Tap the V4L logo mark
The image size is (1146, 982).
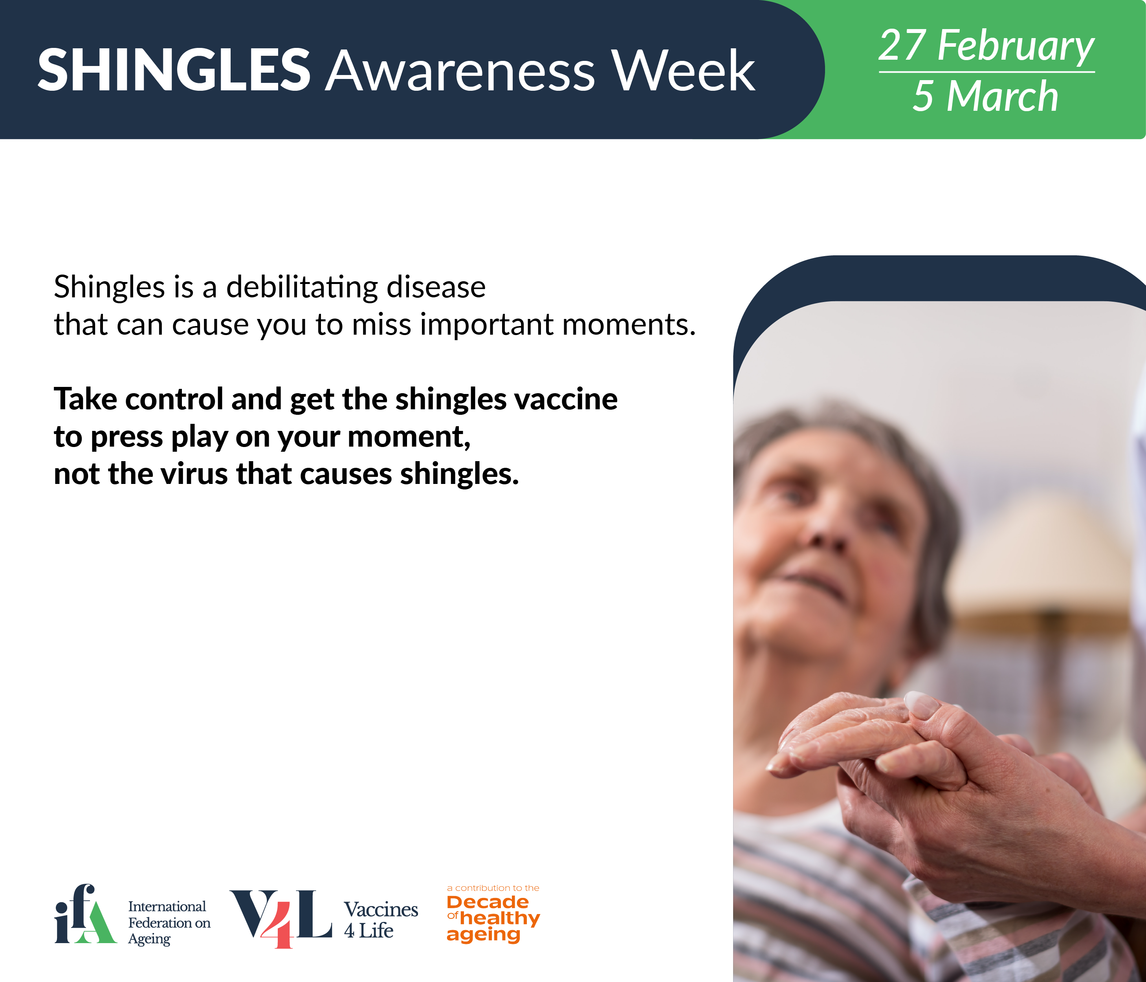coord(281,918)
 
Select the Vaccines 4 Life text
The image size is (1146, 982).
coord(381,920)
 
